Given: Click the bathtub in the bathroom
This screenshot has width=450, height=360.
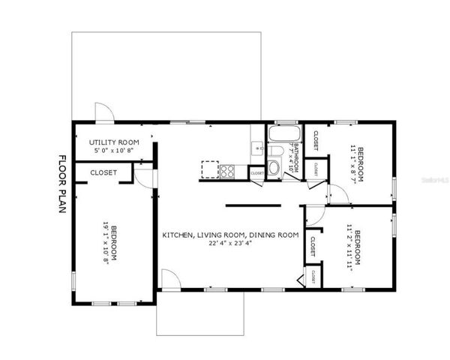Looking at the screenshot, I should [x=282, y=136].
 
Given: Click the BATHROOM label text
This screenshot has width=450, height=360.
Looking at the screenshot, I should [x=297, y=157].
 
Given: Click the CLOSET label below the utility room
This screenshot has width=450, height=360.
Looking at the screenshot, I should [x=103, y=172].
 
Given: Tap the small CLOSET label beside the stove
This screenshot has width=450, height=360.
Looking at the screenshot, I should [x=257, y=173].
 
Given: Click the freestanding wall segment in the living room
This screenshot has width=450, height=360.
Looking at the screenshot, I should [x=253, y=204].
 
